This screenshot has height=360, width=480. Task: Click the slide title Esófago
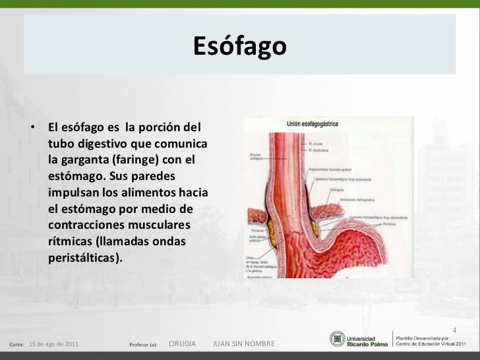[x=239, y=47]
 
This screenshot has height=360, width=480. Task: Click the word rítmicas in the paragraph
[x=70, y=241]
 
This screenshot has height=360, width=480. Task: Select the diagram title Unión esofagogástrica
[x=317, y=123]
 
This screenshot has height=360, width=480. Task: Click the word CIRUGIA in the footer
[x=182, y=344]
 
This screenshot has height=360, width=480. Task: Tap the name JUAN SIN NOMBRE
[x=244, y=344]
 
